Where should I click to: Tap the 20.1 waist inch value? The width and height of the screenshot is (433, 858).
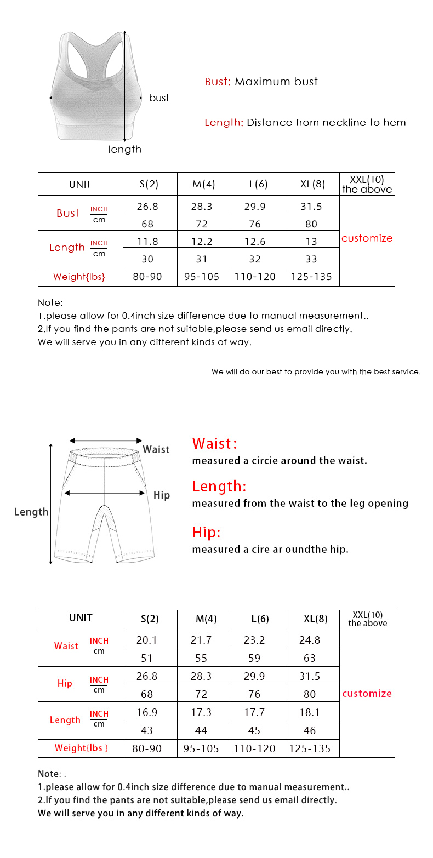[x=147, y=640]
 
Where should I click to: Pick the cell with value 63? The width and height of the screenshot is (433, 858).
[x=310, y=657]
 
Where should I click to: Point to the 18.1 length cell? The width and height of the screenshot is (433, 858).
[x=310, y=712]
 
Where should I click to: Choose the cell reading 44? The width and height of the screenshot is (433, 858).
[x=201, y=730]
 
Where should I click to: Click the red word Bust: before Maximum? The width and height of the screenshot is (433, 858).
[x=218, y=82]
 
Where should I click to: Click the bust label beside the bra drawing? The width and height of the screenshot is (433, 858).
[x=159, y=98]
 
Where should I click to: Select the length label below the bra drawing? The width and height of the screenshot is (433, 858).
[x=124, y=149]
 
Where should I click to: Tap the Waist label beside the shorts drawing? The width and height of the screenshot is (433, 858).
[x=156, y=449]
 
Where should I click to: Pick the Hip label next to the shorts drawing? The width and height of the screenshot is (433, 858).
[x=162, y=495]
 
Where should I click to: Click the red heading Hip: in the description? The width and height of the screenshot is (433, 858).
[x=206, y=533]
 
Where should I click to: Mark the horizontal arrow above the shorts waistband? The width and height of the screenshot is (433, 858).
[x=106, y=441]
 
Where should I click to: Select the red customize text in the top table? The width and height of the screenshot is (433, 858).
[x=367, y=238]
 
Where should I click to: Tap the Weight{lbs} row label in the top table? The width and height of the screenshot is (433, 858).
[x=79, y=277]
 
